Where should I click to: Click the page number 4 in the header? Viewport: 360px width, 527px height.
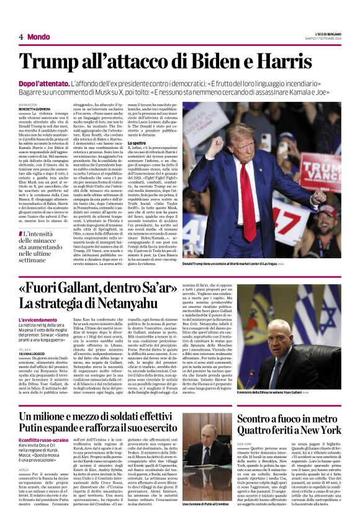[x=21, y=37]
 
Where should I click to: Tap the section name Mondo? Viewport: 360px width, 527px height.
[x=38, y=37]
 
